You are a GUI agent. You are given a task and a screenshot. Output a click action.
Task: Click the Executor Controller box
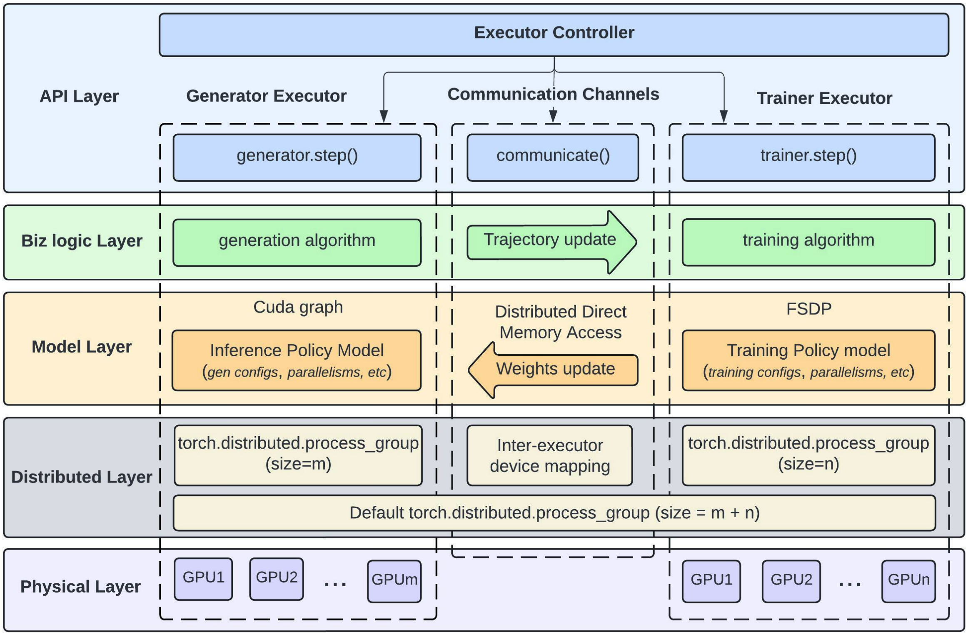tap(554, 35)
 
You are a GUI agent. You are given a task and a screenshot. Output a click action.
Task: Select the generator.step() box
tap(297, 157)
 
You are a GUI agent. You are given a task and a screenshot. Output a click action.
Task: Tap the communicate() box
tap(553, 157)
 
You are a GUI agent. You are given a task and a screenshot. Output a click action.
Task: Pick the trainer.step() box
tap(808, 157)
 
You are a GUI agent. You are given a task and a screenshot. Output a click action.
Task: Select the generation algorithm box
tap(297, 242)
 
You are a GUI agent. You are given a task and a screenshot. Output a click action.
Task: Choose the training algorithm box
tap(808, 242)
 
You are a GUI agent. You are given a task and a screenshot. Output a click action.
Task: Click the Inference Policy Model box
tap(297, 360)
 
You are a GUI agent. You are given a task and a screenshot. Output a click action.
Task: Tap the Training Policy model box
tap(808, 360)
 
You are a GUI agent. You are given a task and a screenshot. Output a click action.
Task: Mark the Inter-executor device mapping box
tap(549, 455)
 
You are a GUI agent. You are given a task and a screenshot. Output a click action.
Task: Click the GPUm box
tap(394, 580)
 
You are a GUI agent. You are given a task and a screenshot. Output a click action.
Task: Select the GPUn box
tap(908, 580)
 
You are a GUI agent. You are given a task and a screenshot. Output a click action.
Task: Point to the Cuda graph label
tap(298, 307)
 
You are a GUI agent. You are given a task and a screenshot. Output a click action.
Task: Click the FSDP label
tap(808, 309)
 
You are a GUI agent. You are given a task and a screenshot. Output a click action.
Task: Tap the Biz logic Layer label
tap(82, 241)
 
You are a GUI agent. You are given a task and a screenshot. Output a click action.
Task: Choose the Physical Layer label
tap(80, 586)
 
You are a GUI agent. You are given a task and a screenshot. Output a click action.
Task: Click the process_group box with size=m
tap(298, 455)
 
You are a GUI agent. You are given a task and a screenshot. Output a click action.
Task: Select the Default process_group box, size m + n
tap(554, 512)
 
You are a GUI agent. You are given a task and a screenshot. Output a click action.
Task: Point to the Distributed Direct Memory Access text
tap(560, 322)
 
